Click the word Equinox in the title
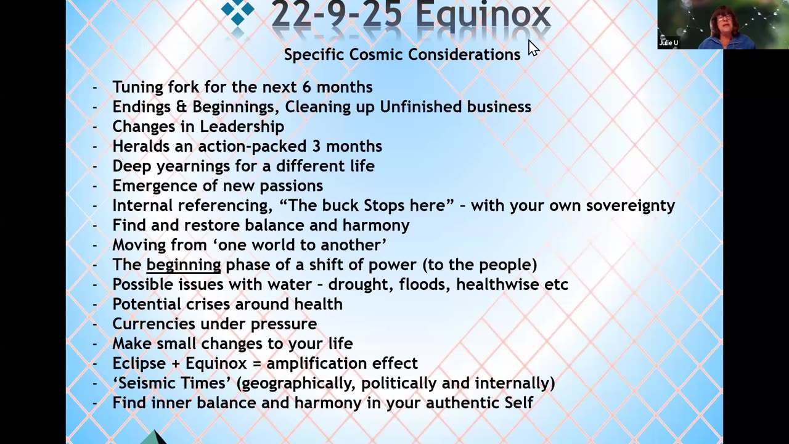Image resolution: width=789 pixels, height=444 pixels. click(x=483, y=15)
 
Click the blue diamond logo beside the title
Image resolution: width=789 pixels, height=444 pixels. click(x=237, y=12)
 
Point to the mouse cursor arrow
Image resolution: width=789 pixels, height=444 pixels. click(x=533, y=47)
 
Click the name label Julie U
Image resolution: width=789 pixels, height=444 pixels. click(x=669, y=43)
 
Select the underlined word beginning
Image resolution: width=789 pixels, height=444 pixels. click(x=183, y=265)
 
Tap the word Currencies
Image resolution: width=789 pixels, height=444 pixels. click(x=153, y=324)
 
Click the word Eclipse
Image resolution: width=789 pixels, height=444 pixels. click(x=139, y=363)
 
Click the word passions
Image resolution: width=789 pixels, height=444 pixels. click(x=293, y=186)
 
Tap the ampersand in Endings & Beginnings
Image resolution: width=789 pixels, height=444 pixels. click(x=181, y=107)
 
